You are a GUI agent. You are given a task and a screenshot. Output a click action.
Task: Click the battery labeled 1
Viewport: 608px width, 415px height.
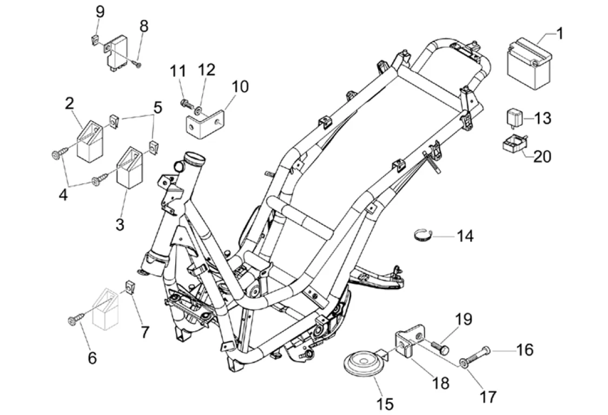pyautogui.click(x=529, y=63)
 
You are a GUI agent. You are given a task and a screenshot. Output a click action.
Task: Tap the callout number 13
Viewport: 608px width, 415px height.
pyautogui.click(x=543, y=118)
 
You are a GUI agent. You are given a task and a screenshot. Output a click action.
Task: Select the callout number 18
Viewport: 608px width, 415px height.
pyautogui.click(x=441, y=383)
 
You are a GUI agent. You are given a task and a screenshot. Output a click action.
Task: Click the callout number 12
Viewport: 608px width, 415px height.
pyautogui.click(x=207, y=70)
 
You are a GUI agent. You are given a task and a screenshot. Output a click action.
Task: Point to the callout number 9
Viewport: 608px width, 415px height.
pyautogui.click(x=100, y=11)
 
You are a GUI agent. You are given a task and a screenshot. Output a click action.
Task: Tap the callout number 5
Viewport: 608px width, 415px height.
pyautogui.click(x=157, y=108)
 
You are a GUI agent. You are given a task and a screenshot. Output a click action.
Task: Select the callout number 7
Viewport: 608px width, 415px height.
pyautogui.click(x=144, y=331)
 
